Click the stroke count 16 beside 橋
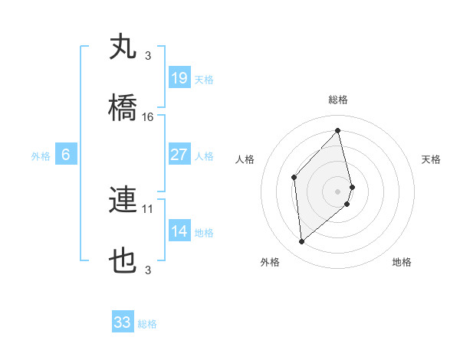[x=148, y=117]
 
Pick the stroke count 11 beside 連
[x=148, y=208]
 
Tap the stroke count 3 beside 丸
[x=147, y=55]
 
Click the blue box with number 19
[x=179, y=78]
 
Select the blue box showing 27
[x=179, y=155]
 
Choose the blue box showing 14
[x=179, y=231]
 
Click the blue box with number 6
[x=66, y=155]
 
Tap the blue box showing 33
[x=123, y=322]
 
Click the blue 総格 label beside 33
[x=147, y=324]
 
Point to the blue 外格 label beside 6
[x=41, y=156]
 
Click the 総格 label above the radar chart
[x=337, y=100]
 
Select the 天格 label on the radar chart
[x=431, y=159]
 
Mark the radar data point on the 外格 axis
[x=302, y=242]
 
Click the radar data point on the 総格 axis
[x=337, y=131]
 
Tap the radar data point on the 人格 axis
[x=294, y=178]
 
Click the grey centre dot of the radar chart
[x=337, y=191]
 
